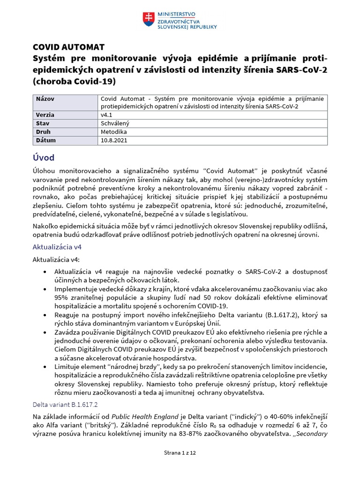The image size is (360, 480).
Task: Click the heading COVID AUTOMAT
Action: (x=68, y=47)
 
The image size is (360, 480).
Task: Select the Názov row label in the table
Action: (x=45, y=98)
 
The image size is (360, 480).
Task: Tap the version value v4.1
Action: (x=107, y=115)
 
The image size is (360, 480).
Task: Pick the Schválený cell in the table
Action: (x=115, y=123)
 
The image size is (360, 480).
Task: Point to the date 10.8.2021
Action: (x=114, y=140)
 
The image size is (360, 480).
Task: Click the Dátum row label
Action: (x=46, y=140)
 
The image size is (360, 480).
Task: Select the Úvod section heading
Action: (x=43, y=157)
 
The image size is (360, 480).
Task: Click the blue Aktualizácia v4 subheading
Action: (x=58, y=247)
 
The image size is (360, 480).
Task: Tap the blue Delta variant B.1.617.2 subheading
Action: (x=65, y=404)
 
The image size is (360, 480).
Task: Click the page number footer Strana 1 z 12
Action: (x=180, y=453)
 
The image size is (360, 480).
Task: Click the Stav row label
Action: (x=43, y=123)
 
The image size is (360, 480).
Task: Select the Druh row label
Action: (x=44, y=132)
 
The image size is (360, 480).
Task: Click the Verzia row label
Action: (x=45, y=115)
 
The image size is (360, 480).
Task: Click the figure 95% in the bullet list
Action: (x=61, y=298)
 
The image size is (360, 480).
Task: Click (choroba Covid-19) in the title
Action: (x=74, y=81)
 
